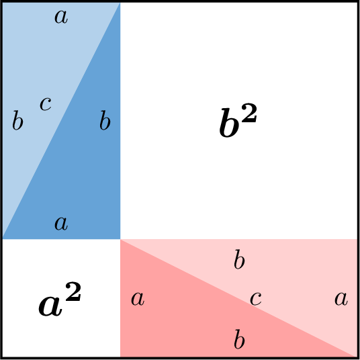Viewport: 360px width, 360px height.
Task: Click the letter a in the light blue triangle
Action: pos(61,17)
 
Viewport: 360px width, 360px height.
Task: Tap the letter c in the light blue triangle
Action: pos(46,103)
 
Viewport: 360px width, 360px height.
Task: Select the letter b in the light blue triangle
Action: pos(17,120)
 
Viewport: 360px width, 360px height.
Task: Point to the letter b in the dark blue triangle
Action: pos(105,120)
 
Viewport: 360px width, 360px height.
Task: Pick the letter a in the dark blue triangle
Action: pos(61,224)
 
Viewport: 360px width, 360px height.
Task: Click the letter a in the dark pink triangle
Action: pos(138,299)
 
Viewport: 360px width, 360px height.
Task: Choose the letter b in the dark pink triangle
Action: pos(239,339)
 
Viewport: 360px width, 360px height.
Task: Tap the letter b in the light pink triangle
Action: pos(239,259)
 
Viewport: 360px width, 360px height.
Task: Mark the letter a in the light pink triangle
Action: pos(341,299)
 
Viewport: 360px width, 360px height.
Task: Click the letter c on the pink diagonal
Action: pos(255,299)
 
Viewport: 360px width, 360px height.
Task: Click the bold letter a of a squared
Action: pos(50,306)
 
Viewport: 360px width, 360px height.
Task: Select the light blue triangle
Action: pos(42,81)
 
